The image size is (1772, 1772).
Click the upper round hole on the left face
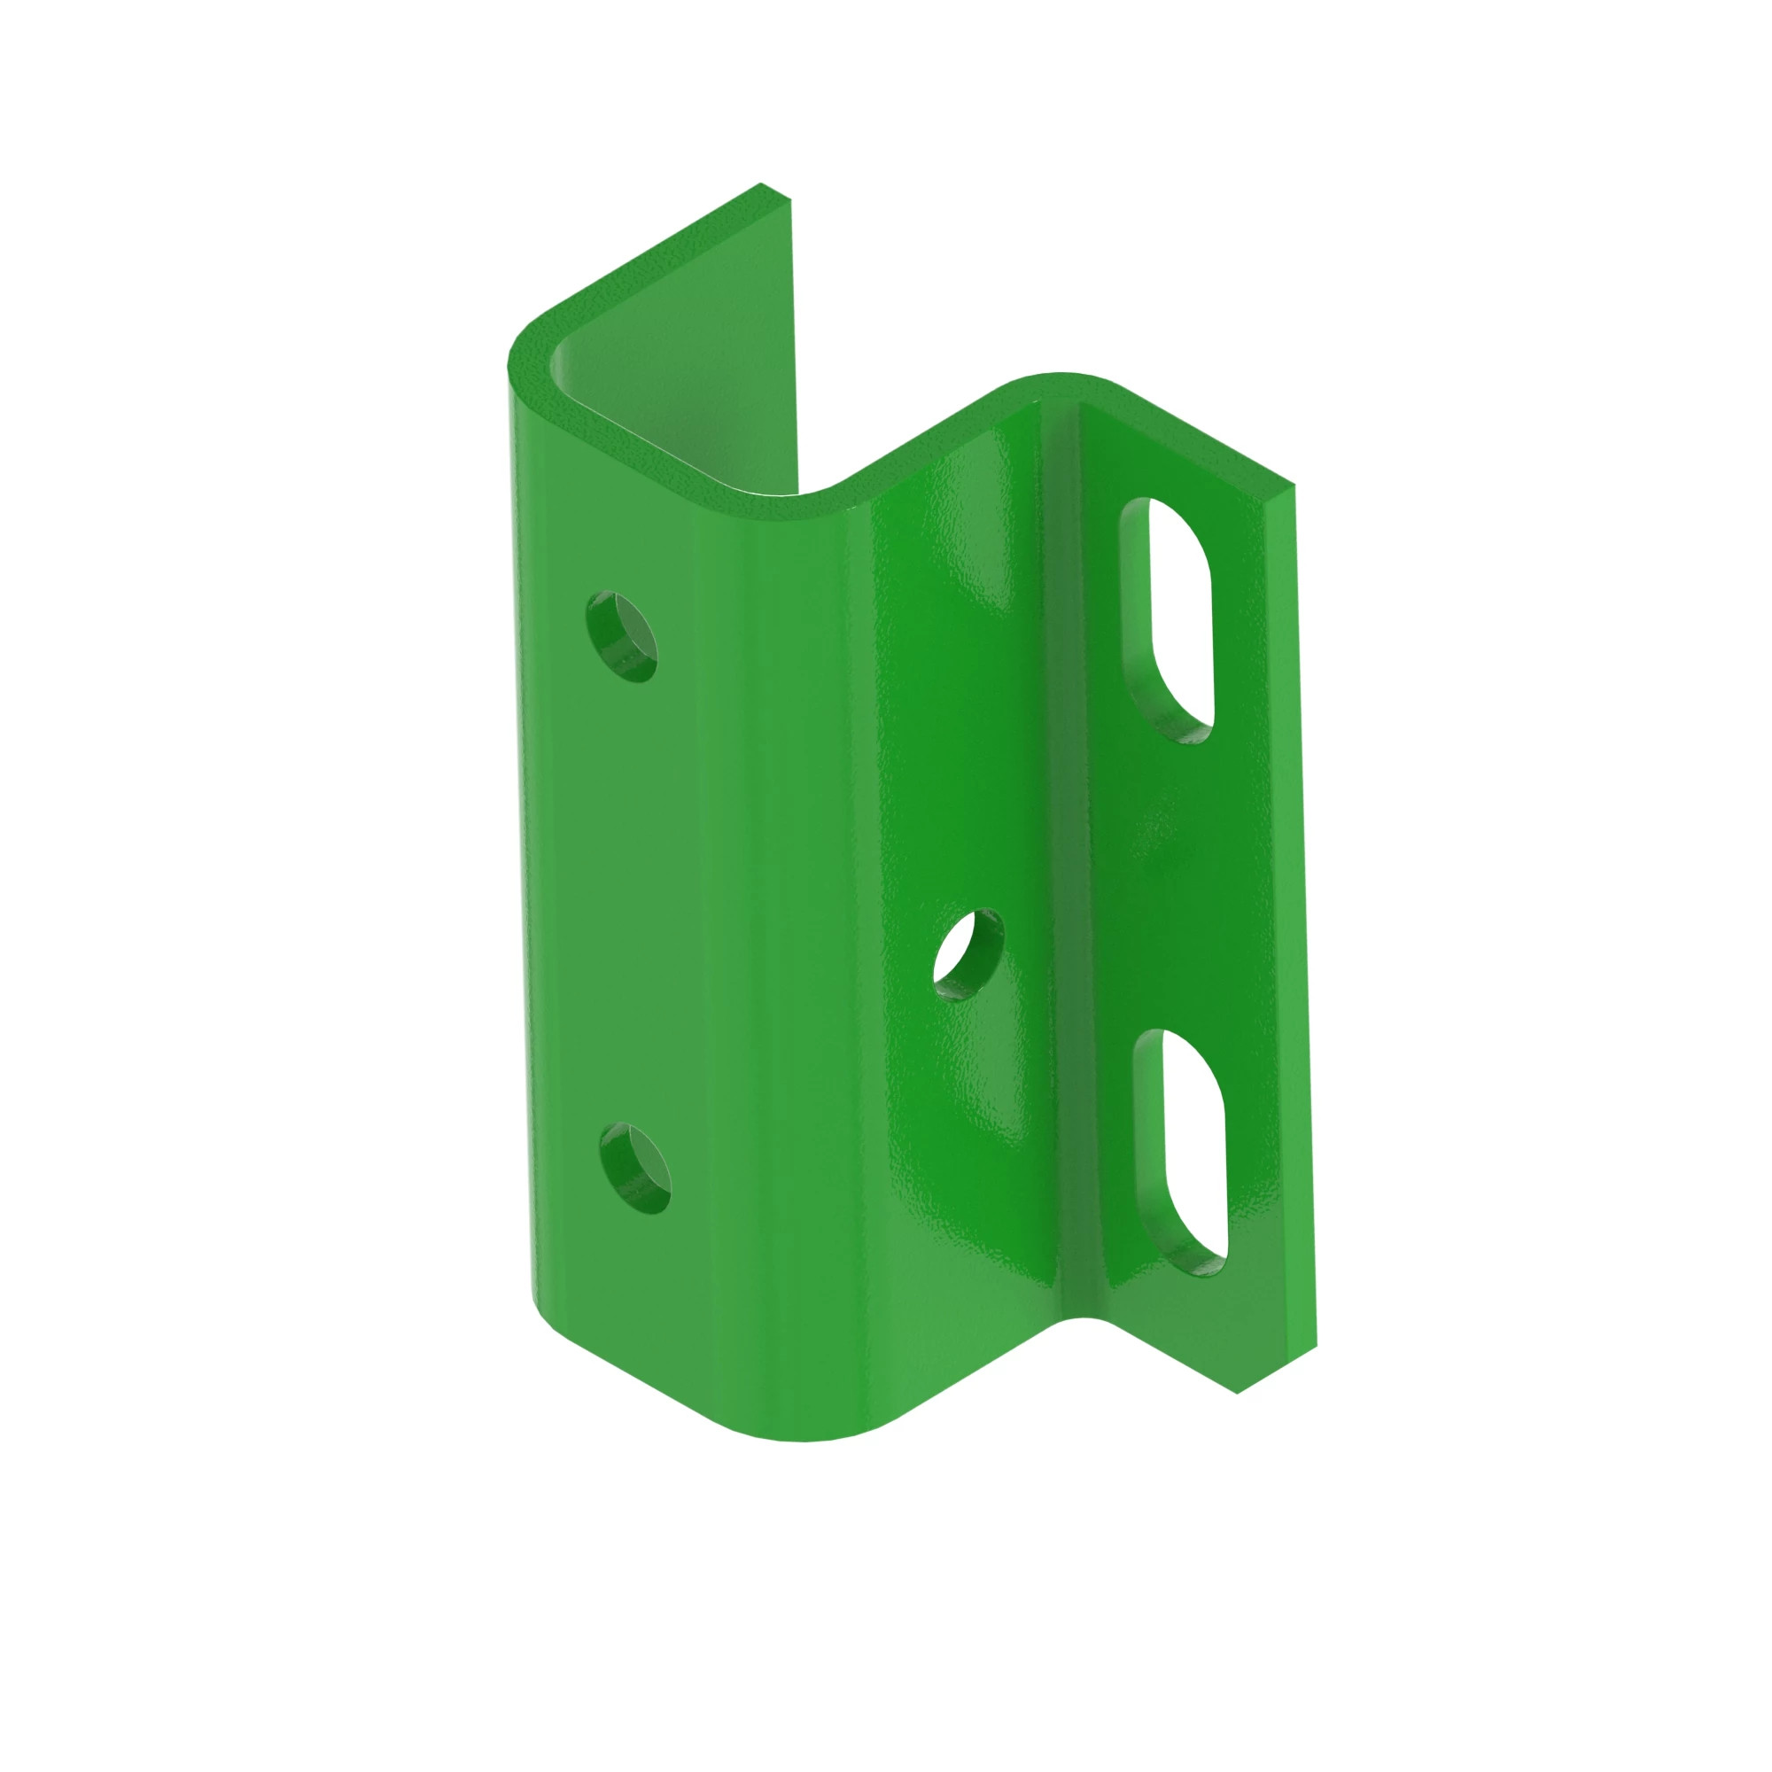click(x=621, y=636)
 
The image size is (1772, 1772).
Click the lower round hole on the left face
click(x=633, y=1169)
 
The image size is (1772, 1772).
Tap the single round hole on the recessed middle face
click(x=968, y=955)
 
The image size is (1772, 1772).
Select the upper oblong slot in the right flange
click(x=1167, y=619)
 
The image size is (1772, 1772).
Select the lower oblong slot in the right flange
click(x=1180, y=1152)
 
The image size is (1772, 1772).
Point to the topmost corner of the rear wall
click(x=761, y=186)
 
